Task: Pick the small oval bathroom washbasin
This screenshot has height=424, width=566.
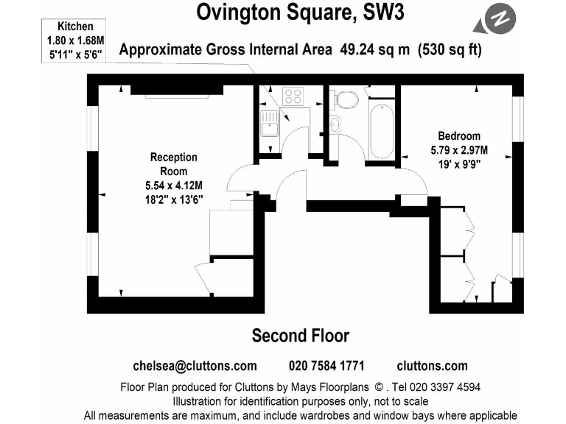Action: (336, 123)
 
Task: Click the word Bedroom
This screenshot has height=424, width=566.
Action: (458, 136)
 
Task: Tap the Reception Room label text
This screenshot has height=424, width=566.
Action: (174, 164)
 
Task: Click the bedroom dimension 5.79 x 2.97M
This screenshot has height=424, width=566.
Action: (459, 151)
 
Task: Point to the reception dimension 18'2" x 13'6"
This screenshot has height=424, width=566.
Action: (174, 199)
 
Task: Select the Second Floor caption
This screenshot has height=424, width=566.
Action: (300, 336)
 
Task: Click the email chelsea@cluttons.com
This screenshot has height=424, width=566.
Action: (195, 366)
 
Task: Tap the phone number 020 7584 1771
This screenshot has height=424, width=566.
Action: (326, 366)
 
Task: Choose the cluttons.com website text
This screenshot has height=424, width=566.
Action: (432, 366)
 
